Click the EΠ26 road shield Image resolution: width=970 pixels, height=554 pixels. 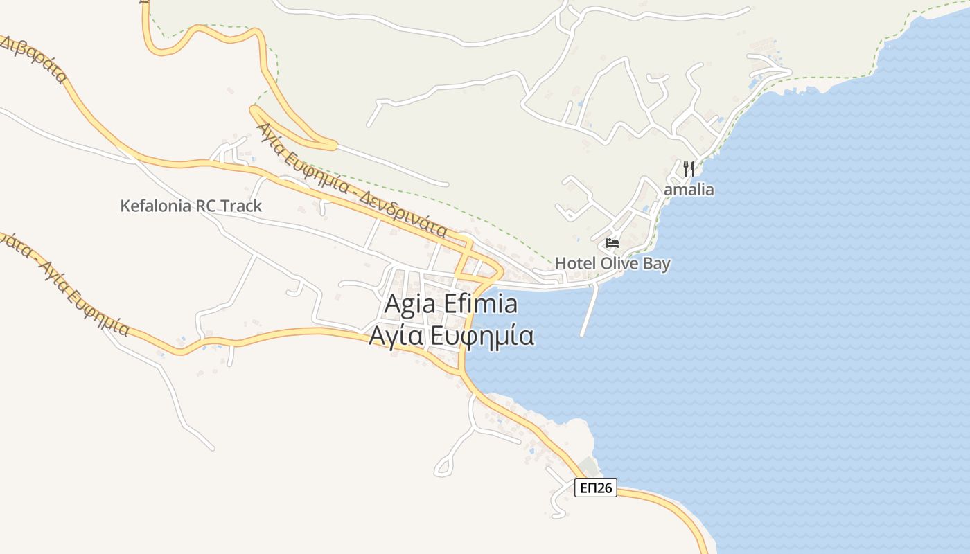[x=596, y=488]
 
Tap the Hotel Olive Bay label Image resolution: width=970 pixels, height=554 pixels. [x=612, y=264]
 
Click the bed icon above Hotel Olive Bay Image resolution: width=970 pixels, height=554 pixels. [x=612, y=243]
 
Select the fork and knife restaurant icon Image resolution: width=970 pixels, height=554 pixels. [x=688, y=168]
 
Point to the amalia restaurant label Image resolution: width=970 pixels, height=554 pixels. [x=689, y=190]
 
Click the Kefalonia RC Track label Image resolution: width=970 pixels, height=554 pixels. [x=191, y=206]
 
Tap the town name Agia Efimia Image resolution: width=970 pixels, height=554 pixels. [x=450, y=305]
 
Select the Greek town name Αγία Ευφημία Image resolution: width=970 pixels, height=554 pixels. [x=451, y=335]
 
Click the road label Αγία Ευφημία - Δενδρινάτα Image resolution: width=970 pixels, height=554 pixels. [x=351, y=181]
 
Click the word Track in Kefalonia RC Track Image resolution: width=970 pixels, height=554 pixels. [x=240, y=206]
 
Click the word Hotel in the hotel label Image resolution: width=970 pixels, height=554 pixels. [x=574, y=264]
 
